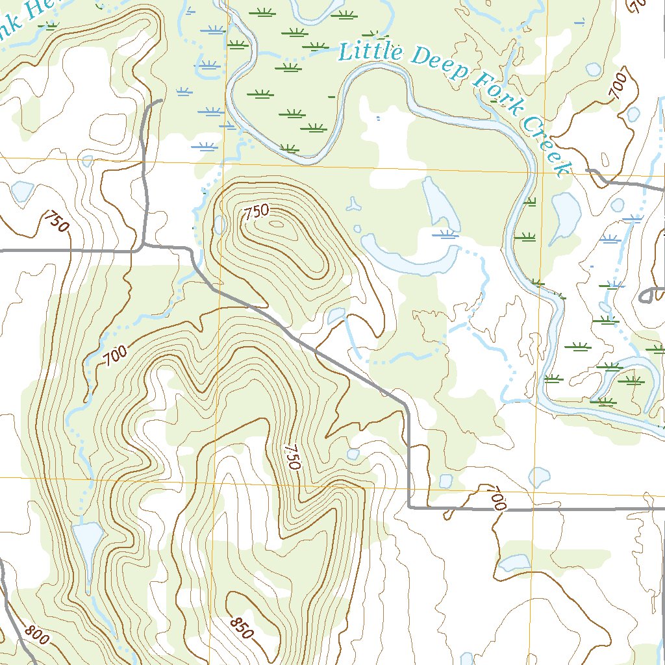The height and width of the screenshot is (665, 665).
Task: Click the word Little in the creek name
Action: (x=370, y=51)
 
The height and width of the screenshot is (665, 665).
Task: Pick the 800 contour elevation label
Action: (x=38, y=635)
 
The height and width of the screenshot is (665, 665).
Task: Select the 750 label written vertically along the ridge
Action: (x=293, y=457)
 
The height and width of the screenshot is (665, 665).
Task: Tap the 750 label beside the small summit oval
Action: (x=256, y=212)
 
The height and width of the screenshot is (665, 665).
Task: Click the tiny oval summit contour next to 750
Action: (x=277, y=225)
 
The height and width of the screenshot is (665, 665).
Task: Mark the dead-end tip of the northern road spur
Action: (x=160, y=101)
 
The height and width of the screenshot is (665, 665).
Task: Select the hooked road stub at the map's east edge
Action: (x=644, y=296)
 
